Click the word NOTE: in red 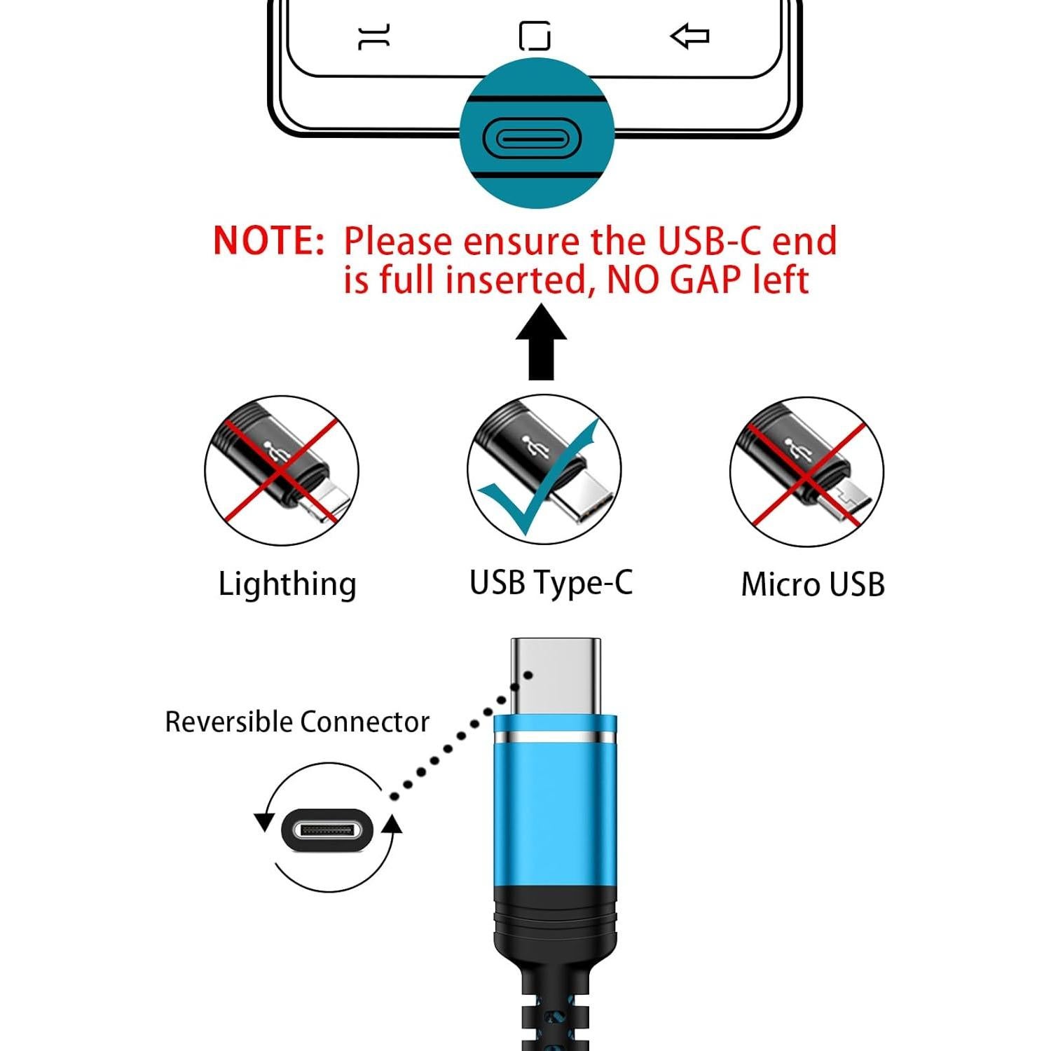pos(268,240)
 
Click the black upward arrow pos(541,343)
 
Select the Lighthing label pos(287,584)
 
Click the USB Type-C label pos(551,583)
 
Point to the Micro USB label pos(813,584)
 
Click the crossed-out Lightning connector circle pos(282,471)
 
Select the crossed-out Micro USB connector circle pos(806,472)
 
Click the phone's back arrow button pos(690,36)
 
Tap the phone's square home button pos(535,36)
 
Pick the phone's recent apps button pos(374,36)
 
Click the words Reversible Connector pos(296,722)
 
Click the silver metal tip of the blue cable pos(556,676)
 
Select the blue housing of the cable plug pos(555,813)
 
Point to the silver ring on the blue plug pos(555,739)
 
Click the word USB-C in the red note pos(708,240)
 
